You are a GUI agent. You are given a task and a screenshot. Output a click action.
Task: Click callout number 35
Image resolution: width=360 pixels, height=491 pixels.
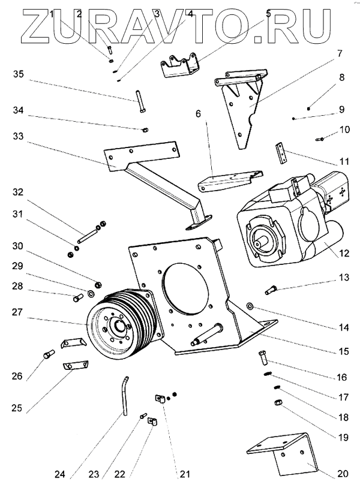click(x=19, y=74)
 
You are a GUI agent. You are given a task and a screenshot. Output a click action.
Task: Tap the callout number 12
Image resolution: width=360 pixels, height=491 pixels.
click(x=344, y=253)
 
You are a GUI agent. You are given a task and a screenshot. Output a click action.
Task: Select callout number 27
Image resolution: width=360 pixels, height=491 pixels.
click(x=18, y=312)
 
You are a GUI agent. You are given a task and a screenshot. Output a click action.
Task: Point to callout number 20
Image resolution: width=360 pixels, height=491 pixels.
click(x=343, y=474)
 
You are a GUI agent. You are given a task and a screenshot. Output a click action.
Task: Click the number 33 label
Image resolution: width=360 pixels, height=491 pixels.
click(x=18, y=136)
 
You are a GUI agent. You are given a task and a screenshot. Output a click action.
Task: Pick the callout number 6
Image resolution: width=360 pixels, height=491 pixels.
click(x=198, y=113)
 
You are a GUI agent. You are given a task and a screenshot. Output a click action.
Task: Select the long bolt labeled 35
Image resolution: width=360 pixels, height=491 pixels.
click(x=140, y=101)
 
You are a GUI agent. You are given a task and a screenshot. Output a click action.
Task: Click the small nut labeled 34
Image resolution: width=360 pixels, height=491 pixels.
click(x=145, y=129)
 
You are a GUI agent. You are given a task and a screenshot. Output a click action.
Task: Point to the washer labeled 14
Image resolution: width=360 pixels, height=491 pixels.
click(x=250, y=306)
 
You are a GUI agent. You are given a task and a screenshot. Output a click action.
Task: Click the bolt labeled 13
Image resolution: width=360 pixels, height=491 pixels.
click(x=271, y=289)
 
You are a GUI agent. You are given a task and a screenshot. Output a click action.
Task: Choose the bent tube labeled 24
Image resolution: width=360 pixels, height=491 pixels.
click(x=125, y=396)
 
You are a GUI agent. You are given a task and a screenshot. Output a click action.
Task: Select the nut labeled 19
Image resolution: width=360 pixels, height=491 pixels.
click(x=278, y=402)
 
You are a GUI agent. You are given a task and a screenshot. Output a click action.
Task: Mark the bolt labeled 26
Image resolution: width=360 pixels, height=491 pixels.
click(x=49, y=355)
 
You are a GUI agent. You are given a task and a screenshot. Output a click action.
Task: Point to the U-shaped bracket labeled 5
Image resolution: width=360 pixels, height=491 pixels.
click(x=180, y=65)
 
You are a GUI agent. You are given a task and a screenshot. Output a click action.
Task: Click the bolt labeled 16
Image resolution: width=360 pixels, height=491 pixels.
click(x=263, y=357)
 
